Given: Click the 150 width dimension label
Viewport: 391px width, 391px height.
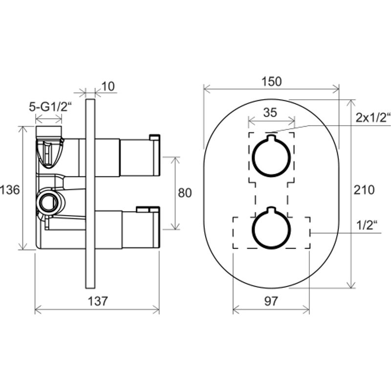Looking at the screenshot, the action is coord(272,82).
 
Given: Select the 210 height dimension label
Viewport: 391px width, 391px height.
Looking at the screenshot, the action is coord(364,190).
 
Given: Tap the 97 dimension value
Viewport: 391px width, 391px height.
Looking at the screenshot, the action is coord(271,301).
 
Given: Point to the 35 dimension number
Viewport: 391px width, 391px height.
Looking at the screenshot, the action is coord(270,112).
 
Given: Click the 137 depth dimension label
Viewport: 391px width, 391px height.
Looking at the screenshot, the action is coord(98,301).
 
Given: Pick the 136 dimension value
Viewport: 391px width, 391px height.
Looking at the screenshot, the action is coord(9,190).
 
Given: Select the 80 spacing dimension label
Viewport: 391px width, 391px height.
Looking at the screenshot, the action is coord(185,193).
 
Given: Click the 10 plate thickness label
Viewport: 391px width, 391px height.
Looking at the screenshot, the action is coord(108,87).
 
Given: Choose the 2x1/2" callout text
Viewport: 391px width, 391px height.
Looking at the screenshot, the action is coord(373,118).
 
